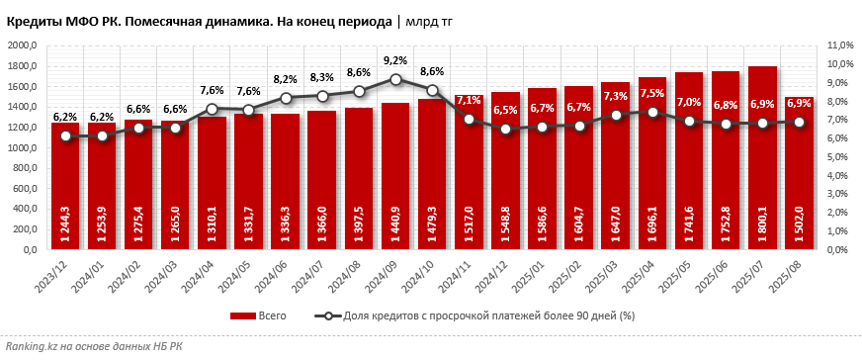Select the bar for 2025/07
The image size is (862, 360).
762,158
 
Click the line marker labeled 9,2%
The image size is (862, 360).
395,80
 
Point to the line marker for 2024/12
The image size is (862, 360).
505,129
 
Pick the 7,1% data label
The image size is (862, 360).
469,101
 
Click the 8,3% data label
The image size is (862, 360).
322,77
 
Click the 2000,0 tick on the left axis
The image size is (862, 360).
21,45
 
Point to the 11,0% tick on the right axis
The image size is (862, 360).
839,45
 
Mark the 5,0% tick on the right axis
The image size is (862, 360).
837,157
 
